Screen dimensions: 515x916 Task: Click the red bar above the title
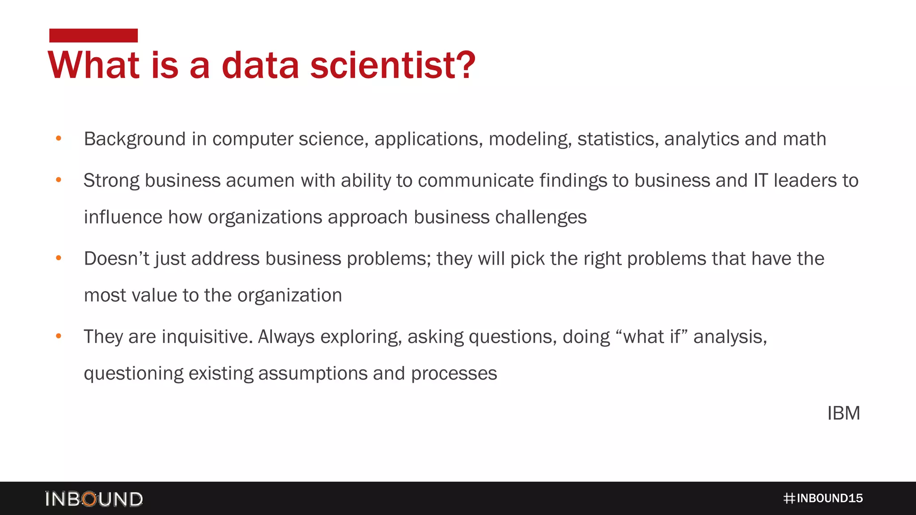click(x=93, y=35)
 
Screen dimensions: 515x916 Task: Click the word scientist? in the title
click(x=393, y=65)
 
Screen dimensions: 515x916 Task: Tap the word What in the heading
click(x=93, y=65)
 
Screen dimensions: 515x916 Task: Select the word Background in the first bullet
click(x=135, y=139)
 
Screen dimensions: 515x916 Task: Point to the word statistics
click(x=618, y=139)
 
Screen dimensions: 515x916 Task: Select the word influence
click(x=123, y=217)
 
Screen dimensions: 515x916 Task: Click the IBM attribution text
click(x=844, y=413)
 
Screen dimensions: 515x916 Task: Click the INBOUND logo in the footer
click(x=94, y=499)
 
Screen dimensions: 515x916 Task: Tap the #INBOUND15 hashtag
click(x=823, y=498)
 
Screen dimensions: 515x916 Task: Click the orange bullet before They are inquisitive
click(x=59, y=336)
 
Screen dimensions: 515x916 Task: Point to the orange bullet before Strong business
click(x=59, y=180)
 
